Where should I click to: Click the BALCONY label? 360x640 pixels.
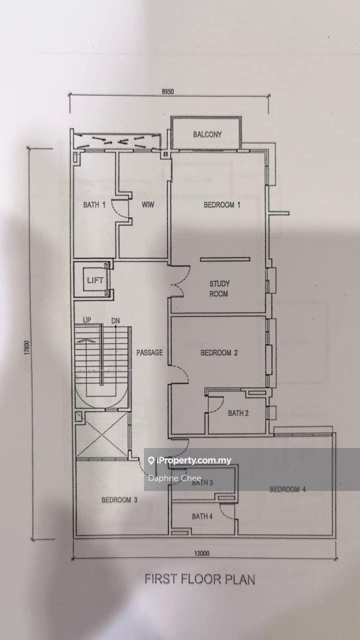(207, 134)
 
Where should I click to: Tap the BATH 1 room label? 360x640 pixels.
(94, 204)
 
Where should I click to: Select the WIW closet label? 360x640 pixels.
(147, 204)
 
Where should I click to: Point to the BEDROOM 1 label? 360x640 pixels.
(221, 204)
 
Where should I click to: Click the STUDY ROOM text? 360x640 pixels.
(219, 288)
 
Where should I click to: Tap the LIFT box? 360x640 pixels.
(95, 280)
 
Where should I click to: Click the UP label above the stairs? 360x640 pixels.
(87, 320)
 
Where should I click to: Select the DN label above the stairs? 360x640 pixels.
(115, 321)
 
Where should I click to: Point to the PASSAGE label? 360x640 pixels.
(149, 352)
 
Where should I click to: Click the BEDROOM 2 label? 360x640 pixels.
(219, 353)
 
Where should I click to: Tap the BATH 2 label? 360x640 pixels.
(238, 413)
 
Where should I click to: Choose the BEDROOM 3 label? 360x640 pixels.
(119, 499)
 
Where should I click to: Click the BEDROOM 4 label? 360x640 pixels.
(287, 489)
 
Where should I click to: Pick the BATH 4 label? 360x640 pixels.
(202, 516)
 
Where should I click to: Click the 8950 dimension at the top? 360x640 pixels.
(167, 91)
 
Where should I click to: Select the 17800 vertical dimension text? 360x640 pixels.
(27, 347)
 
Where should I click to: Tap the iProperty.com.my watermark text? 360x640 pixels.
(193, 460)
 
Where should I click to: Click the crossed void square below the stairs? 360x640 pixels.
(101, 434)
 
